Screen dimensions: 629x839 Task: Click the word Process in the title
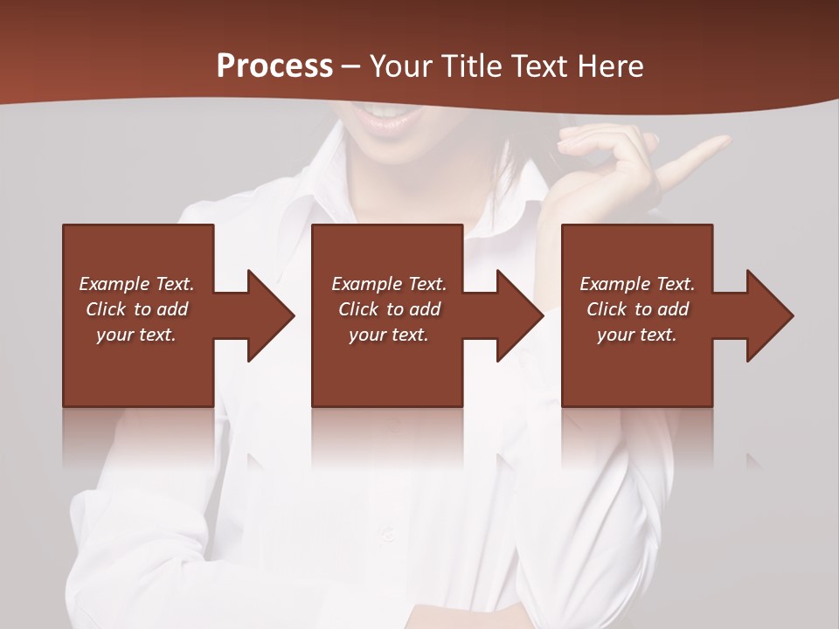coord(274,66)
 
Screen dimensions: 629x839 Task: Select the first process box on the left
coord(138,367)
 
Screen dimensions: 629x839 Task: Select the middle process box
coord(387,367)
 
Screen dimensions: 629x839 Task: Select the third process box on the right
coord(637,367)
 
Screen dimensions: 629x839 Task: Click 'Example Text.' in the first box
coord(137,284)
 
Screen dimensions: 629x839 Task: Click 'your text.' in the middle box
coord(389,335)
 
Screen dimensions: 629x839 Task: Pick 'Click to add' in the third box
coord(638,309)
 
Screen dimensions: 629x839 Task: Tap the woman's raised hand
coord(603,157)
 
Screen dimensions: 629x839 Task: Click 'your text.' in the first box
coord(136,335)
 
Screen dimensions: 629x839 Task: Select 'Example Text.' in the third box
coord(638,284)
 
